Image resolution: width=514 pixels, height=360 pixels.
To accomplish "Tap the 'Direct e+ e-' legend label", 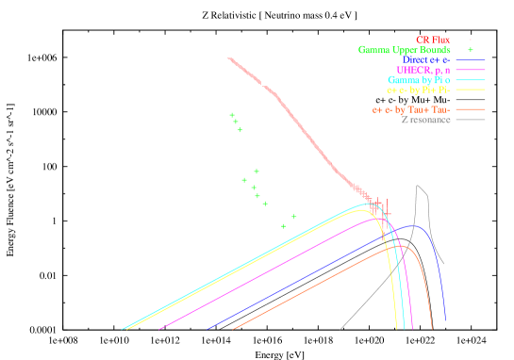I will [x=426, y=60].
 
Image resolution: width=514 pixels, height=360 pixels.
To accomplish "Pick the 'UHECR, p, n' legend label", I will [x=423, y=71].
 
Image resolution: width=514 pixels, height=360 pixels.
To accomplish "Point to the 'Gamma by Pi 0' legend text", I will [x=419, y=80].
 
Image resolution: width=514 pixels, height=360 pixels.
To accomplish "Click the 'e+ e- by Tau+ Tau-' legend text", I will [x=411, y=110].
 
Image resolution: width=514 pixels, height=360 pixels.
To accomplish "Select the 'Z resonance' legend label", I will [x=425, y=120].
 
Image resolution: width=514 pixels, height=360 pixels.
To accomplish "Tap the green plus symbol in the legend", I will [x=470, y=50].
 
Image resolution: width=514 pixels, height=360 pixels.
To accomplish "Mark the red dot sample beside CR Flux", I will [x=470, y=40].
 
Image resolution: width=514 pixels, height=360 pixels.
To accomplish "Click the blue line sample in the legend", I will [x=470, y=60].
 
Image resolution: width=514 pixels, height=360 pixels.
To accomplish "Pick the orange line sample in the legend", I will [x=470, y=110].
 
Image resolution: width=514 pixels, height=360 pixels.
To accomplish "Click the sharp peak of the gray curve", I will [x=418, y=186].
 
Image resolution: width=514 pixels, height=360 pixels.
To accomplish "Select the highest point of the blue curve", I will [x=409, y=226].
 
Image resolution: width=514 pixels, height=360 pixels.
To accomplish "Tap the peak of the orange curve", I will [x=400, y=246].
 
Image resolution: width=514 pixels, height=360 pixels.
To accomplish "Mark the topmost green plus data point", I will [x=232, y=115].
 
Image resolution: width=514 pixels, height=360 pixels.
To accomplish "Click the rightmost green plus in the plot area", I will [x=293, y=217].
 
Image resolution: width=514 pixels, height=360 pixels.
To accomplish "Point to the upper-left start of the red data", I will [x=229, y=58].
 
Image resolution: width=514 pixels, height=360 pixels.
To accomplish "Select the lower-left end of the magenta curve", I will [x=160, y=330].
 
